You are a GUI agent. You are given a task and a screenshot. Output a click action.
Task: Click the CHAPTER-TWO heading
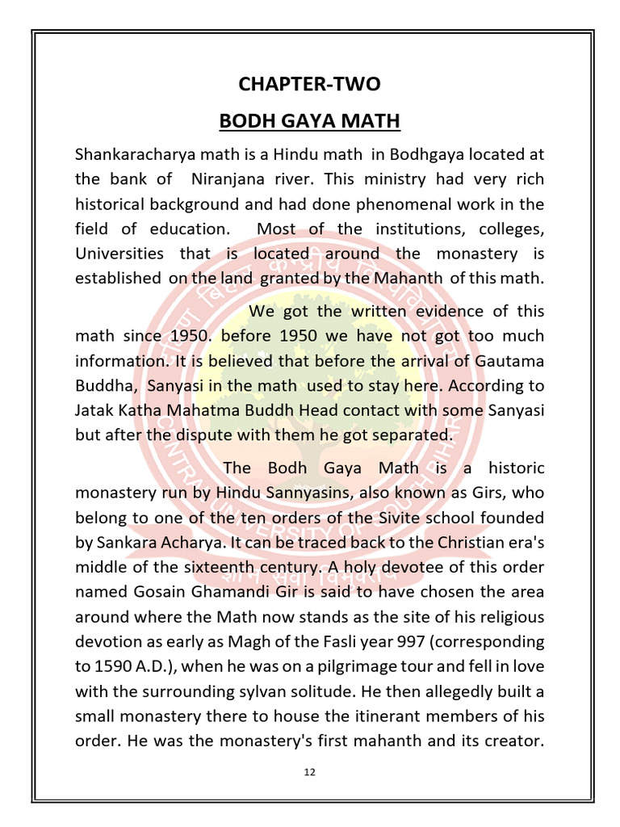point(309,84)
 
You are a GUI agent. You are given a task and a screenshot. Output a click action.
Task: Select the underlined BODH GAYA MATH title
point(309,121)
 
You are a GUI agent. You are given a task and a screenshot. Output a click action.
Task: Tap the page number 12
point(309,771)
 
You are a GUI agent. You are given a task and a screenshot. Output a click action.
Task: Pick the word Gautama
point(513,360)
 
